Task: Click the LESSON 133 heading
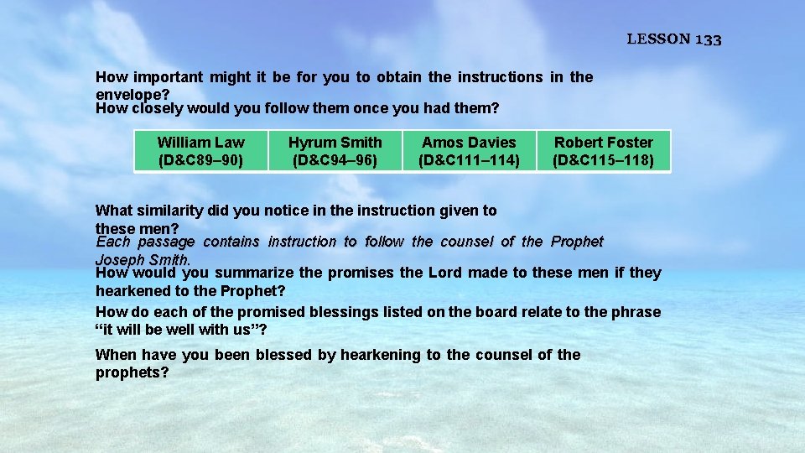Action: point(674,39)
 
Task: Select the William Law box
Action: point(201,151)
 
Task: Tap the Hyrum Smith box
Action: point(335,151)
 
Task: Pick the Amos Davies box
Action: point(469,151)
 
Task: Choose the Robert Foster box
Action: point(603,151)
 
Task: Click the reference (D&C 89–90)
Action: point(201,159)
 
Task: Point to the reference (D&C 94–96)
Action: point(335,159)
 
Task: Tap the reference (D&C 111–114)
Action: point(469,159)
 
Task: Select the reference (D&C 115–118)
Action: point(603,159)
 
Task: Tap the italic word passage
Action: point(166,242)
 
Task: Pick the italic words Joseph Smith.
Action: point(143,259)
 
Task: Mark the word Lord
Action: point(444,273)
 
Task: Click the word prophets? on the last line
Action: point(132,372)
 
